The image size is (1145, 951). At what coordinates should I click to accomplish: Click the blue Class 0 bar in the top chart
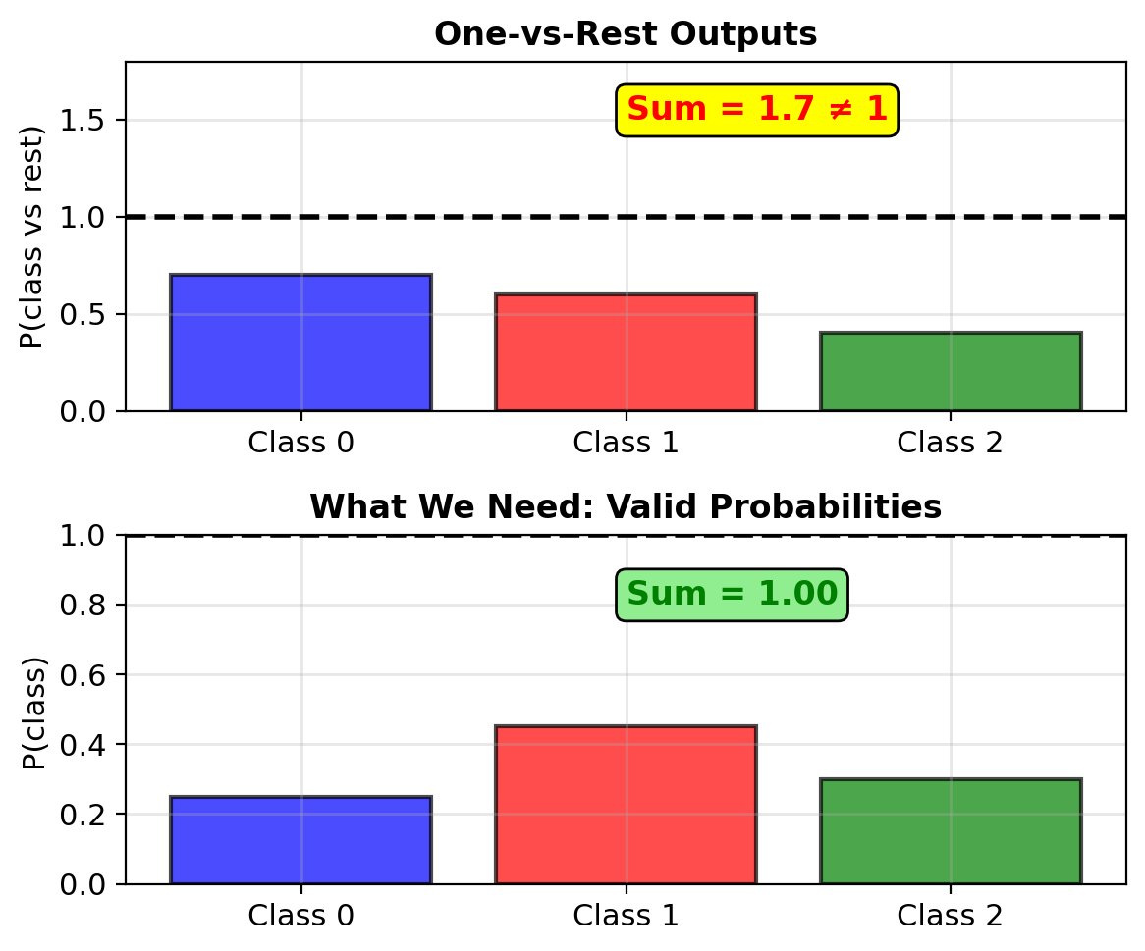[x=300, y=343]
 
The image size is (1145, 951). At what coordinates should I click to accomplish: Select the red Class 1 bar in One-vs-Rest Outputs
[x=626, y=352]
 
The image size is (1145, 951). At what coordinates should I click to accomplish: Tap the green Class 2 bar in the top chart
[x=951, y=372]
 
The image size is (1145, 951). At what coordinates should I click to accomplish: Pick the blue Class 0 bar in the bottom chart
[x=300, y=840]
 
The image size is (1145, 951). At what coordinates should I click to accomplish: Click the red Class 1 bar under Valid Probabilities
[x=626, y=805]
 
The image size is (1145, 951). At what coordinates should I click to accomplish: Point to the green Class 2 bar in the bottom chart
[x=951, y=831]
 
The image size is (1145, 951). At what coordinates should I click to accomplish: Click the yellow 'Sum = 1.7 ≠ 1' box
[x=757, y=110]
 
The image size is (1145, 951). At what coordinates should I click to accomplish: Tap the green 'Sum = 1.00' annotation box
[x=732, y=594]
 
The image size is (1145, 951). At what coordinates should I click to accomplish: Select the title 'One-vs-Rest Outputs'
[x=626, y=34]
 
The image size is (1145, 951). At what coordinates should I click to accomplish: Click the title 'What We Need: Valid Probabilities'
[x=626, y=506]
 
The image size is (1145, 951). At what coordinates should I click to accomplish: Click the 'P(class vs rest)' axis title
[x=32, y=238]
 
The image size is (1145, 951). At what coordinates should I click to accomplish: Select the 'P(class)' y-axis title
[x=33, y=713]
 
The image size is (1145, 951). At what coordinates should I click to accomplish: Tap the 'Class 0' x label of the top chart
[x=300, y=443]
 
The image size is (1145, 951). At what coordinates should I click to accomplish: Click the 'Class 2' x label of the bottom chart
[x=950, y=916]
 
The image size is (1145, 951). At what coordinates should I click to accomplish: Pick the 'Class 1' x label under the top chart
[x=626, y=443]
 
